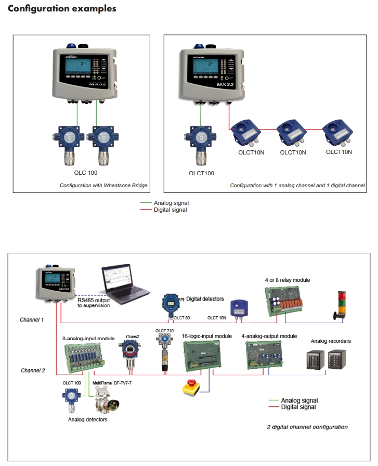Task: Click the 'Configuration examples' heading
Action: pos(62,9)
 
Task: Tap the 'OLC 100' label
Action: pos(85,172)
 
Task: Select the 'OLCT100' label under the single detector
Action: pos(201,173)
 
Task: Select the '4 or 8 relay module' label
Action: pos(287,280)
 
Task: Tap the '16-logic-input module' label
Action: pos(206,336)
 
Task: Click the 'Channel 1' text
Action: pos(32,319)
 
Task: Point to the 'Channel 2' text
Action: pos(33,370)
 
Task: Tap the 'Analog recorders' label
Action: pos(330,341)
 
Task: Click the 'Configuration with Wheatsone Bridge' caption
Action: pos(103,185)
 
